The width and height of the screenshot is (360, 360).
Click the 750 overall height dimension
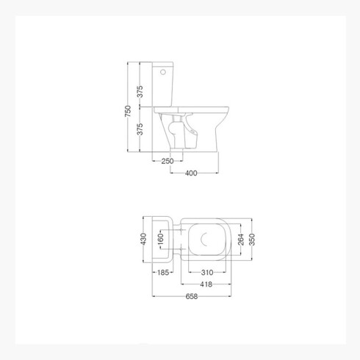tap(128, 111)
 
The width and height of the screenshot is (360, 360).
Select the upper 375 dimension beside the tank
tap(140, 92)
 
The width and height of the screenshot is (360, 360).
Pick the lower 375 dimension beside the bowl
tap(140, 129)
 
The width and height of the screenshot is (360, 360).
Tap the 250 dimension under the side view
tap(168, 161)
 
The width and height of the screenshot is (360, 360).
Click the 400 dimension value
tap(191, 173)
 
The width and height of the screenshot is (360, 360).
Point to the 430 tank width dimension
tap(143, 239)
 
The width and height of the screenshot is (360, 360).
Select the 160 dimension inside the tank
tap(160, 239)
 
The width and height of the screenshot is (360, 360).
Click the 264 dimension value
tap(241, 240)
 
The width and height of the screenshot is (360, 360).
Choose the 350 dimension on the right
tap(252, 240)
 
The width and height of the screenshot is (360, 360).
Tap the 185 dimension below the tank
tap(163, 273)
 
